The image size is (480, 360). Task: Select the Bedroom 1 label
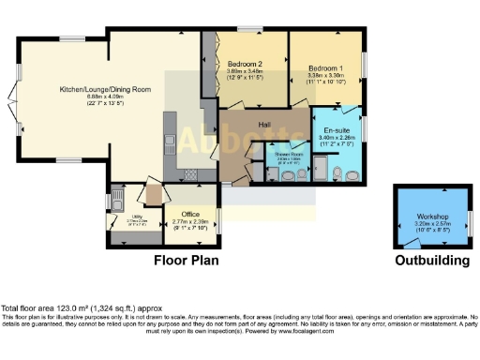[326, 67]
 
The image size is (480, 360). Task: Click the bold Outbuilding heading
[430, 260]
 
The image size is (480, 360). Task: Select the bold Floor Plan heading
[187, 260]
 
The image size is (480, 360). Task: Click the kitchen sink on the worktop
[172, 145]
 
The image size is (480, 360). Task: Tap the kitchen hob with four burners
[190, 172]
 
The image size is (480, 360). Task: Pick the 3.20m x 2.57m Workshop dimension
[434, 226]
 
